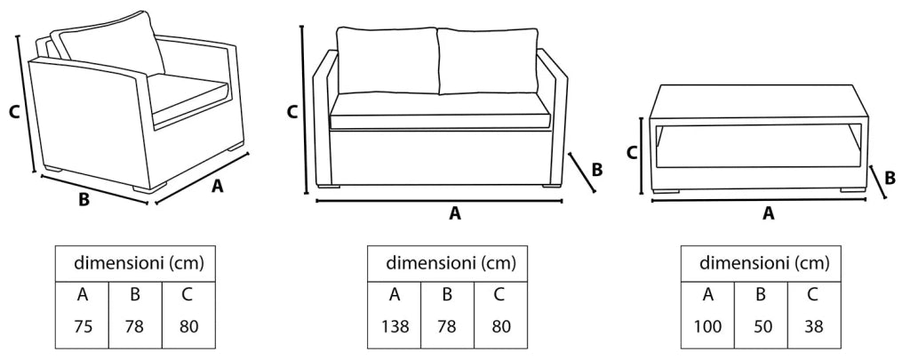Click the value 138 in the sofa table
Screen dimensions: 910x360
tap(395, 326)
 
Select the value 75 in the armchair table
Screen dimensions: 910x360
tap(83, 326)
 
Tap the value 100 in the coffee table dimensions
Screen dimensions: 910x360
tap(708, 326)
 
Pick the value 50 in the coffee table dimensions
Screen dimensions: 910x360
tap(762, 326)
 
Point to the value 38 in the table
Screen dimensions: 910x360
tap(814, 326)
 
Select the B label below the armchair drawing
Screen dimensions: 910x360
tap(84, 200)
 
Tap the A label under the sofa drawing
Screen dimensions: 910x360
tap(455, 213)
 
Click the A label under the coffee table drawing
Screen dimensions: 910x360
tap(769, 213)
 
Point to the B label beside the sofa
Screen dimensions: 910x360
tap(596, 170)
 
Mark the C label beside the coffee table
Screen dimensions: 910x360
tap(633, 153)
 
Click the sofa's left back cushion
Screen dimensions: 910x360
tap(387, 60)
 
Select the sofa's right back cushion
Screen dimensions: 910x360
tap(488, 60)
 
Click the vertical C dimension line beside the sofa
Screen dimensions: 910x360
tap(304, 109)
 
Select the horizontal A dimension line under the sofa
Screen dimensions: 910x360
tap(439, 201)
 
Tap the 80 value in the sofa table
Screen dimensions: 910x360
tap(501, 326)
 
